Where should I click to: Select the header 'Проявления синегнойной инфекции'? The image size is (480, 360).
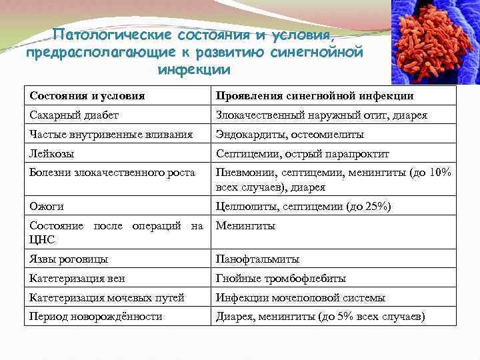(314, 96)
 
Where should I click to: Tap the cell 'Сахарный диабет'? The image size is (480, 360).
(74, 115)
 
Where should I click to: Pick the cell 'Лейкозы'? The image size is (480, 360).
(51, 154)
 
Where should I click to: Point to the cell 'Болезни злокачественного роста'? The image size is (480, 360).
(112, 173)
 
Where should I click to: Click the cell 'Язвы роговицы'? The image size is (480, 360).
(69, 259)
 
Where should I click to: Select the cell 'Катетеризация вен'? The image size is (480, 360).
(77, 278)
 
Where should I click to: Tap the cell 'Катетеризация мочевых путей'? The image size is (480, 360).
(107, 297)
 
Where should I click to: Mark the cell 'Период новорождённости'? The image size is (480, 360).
(96, 317)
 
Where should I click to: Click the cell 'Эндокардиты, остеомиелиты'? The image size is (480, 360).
(289, 135)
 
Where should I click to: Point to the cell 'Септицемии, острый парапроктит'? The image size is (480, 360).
(301, 154)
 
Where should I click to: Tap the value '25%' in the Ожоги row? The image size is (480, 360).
(375, 207)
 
